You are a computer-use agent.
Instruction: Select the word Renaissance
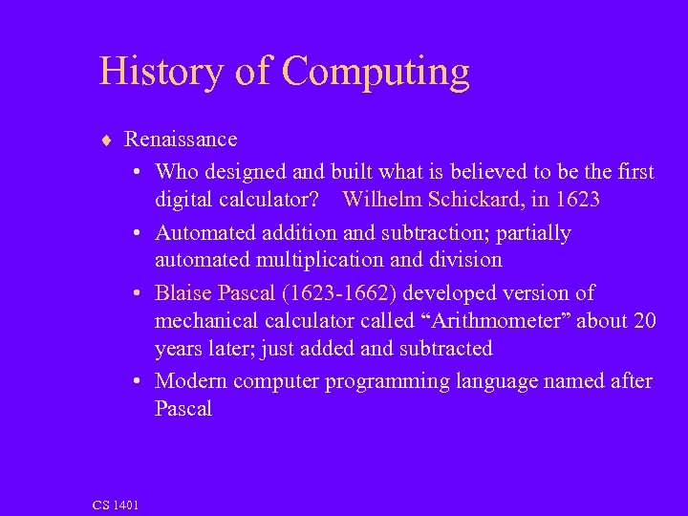pyautogui.click(x=181, y=139)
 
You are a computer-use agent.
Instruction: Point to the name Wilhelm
pyautogui.click(x=381, y=200)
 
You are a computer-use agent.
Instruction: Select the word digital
pyautogui.click(x=185, y=200)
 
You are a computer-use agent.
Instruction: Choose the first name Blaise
pyautogui.click(x=184, y=292)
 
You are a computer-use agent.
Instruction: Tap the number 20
pyautogui.click(x=645, y=321)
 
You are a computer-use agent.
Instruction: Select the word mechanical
pyautogui.click(x=204, y=321)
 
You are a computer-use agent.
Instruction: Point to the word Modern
pyautogui.click(x=189, y=381)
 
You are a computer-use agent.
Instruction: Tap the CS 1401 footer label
pyautogui.click(x=116, y=505)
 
